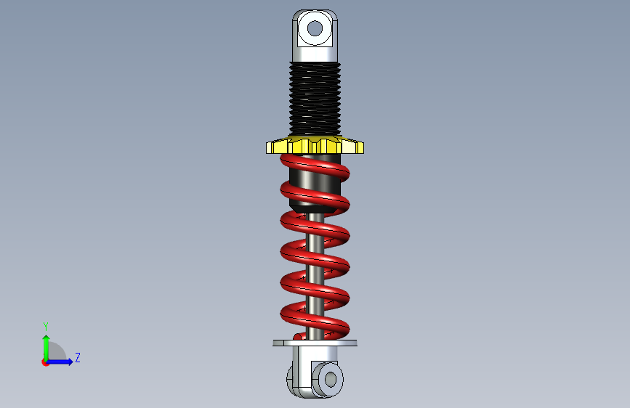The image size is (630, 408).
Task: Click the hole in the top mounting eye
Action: pos(315,28)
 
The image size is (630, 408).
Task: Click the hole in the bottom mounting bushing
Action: pos(331,379)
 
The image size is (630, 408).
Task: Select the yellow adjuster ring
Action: pos(315,145)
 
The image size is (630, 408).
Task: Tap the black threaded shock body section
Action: pos(315,99)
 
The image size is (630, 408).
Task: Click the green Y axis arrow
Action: pos(47,348)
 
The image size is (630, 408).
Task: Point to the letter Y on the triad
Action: pos(46,327)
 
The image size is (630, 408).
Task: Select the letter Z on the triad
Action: pos(78,357)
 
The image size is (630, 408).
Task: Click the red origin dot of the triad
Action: pos(45,362)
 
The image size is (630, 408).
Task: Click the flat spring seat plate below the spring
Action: pos(315,343)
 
